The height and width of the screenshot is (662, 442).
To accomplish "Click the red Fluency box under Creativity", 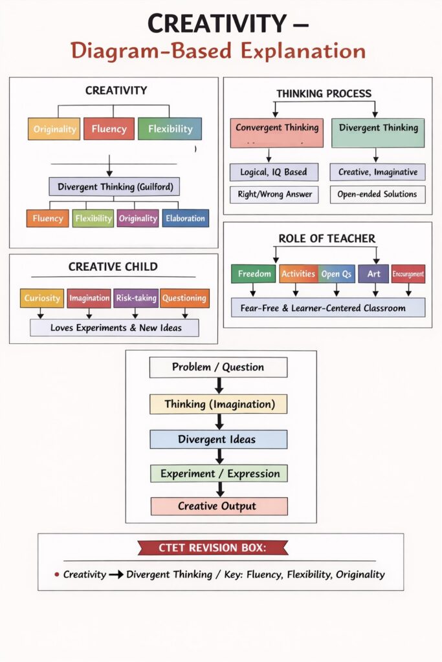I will click(109, 129).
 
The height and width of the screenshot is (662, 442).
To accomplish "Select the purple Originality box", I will click(138, 219).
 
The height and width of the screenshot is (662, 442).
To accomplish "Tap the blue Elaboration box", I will click(185, 219).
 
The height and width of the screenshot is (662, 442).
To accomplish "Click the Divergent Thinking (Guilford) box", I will click(114, 187).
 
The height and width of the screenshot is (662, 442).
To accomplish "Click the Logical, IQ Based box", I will click(274, 172).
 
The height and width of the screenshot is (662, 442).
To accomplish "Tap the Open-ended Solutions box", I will click(377, 194).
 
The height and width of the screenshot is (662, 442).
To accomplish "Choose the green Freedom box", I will click(254, 274).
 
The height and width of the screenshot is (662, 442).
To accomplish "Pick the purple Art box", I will click(374, 274).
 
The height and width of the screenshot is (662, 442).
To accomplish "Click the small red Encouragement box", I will click(408, 274).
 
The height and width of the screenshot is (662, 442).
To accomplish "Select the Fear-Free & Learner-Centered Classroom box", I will click(328, 308).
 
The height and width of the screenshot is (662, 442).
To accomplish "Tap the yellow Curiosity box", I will click(42, 298).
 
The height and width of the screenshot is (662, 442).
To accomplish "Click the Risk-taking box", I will click(136, 298).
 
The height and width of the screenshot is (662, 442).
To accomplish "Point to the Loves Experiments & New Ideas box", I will click(115, 328).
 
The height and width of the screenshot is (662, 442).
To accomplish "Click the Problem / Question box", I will click(218, 367).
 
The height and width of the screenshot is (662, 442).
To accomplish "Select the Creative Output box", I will click(218, 506).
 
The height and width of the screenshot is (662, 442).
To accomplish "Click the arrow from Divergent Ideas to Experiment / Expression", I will click(219, 456).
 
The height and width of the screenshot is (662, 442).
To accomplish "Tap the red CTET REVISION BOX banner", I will click(213, 548).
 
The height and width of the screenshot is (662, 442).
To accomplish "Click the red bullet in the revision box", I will click(57, 574).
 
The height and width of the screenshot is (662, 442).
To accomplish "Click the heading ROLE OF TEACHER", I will click(327, 239).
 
